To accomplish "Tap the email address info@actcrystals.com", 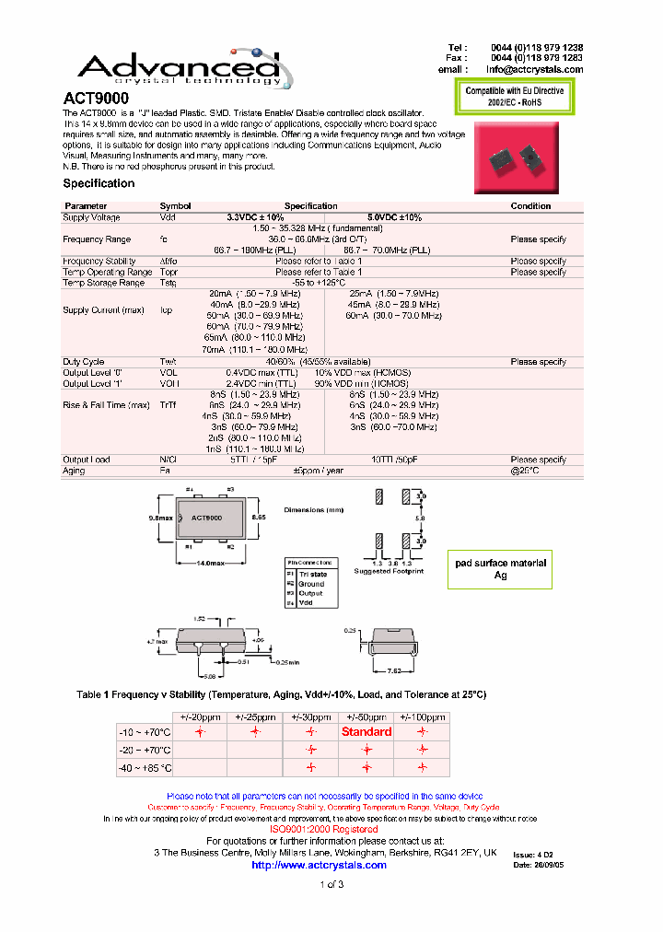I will (534, 69).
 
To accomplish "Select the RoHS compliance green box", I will (515, 97).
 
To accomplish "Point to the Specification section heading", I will (99, 183).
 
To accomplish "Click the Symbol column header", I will (175, 206).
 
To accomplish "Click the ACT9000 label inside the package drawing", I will (206, 518).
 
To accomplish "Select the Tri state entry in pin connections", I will (312, 575).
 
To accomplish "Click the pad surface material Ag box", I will (500, 568).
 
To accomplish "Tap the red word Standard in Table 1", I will (366, 732).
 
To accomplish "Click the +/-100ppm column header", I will (422, 716).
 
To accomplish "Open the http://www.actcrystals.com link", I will (319, 865).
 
